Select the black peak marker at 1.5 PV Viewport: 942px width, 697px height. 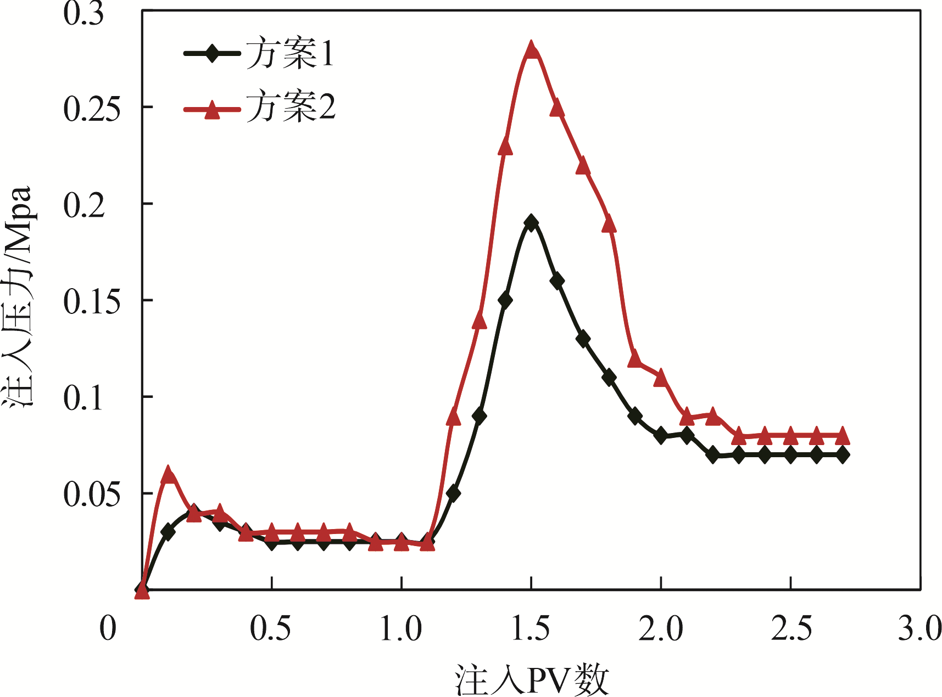coord(531,222)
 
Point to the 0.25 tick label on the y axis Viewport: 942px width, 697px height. coord(91,109)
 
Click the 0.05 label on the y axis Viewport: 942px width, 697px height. coord(91,494)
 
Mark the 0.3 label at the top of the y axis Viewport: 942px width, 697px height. coord(83,14)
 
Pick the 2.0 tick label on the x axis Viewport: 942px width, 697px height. coord(661,629)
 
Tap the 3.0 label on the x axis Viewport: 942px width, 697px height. coord(919,629)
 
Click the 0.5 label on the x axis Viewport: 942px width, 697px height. coord(271,629)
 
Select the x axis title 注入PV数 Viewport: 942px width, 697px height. coord(532,679)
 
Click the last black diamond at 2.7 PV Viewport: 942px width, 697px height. coord(842,454)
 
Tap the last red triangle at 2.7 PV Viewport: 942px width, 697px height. coord(842,436)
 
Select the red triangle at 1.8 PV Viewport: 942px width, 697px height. coord(609,223)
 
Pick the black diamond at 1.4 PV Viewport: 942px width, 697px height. coord(505,300)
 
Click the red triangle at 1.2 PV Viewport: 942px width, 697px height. coord(453,417)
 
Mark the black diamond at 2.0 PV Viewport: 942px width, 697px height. coord(661,436)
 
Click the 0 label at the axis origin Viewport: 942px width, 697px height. coord(108,629)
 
